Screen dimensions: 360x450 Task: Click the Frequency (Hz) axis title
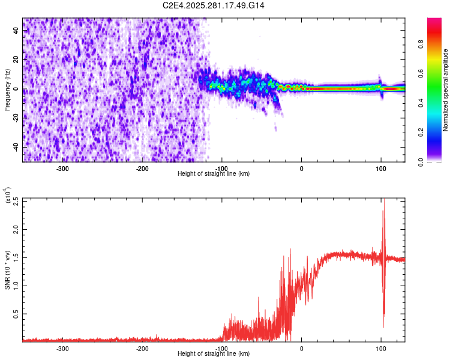(7, 90)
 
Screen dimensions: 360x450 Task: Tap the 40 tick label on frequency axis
(16, 31)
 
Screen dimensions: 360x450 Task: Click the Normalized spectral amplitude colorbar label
(446, 90)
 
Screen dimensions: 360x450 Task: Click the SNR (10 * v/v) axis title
(7, 270)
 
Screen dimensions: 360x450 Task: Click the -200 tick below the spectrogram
(142, 169)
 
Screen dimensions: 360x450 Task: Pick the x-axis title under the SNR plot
(214, 354)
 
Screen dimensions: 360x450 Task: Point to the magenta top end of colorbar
(434, 21)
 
